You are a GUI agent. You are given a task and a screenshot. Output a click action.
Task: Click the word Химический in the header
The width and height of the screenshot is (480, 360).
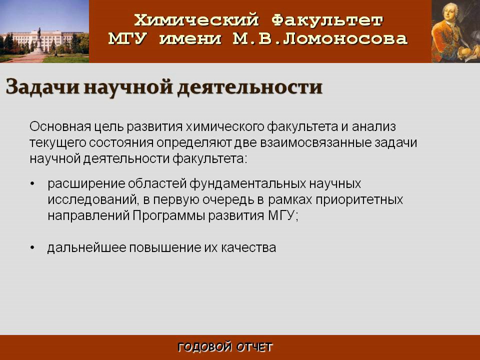coord(196,20)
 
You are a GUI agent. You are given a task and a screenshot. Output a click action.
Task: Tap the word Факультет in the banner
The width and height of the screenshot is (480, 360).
coord(327,20)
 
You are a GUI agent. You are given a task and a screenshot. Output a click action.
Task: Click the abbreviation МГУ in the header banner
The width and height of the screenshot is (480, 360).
coord(127,38)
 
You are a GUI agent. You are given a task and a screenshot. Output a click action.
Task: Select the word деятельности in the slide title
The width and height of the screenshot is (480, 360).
coord(250,87)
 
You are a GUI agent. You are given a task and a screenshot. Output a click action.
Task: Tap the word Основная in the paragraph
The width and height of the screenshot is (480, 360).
coord(60,126)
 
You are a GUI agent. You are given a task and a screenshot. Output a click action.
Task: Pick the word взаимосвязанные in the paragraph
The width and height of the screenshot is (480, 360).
coord(315,142)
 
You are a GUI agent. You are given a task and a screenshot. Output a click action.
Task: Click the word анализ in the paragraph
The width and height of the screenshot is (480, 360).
coord(374,126)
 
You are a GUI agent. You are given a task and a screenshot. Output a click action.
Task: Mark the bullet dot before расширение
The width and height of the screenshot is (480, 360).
coord(32,183)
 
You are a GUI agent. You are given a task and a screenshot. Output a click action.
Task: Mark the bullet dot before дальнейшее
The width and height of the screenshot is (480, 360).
coord(32,247)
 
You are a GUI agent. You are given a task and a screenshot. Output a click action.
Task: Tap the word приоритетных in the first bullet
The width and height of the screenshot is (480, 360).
coord(359,199)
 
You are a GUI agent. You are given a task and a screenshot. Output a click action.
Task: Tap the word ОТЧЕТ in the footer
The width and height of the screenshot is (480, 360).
coord(254,347)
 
